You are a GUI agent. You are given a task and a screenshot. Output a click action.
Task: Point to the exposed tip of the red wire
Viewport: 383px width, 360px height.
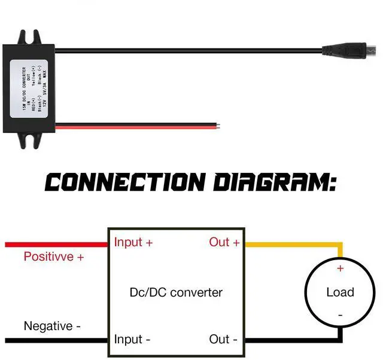[x=221, y=126]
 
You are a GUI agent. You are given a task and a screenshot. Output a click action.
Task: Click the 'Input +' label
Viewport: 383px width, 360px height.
[x=133, y=242]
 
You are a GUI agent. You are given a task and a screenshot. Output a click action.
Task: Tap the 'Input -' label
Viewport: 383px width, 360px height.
[x=132, y=340]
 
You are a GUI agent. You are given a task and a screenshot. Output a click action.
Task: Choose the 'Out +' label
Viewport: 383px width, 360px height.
[x=224, y=242]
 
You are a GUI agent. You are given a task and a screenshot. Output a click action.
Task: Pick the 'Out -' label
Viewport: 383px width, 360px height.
[x=223, y=340]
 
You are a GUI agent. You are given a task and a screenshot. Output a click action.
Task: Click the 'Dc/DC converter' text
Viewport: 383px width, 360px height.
[x=176, y=292]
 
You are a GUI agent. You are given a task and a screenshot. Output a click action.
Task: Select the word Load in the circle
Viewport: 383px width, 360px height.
[x=340, y=292]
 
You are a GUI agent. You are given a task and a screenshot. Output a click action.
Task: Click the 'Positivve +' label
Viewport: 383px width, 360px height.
[x=53, y=257]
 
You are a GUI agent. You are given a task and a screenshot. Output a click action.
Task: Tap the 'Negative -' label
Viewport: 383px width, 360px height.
[x=52, y=327]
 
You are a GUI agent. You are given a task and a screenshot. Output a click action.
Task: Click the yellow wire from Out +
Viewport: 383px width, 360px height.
[x=293, y=245]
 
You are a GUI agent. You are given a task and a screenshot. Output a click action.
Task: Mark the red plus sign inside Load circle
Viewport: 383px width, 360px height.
[x=341, y=269]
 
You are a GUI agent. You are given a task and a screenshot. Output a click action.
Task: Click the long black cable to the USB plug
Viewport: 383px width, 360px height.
[x=191, y=50]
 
